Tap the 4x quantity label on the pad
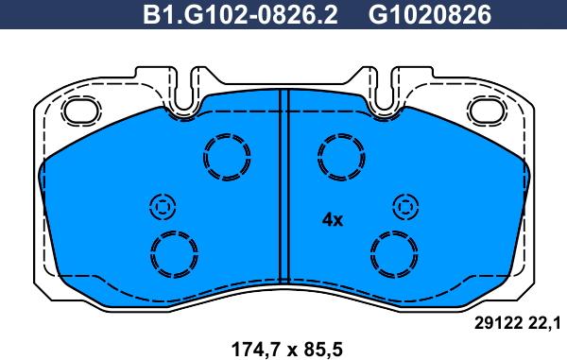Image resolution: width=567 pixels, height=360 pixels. [x=332, y=219]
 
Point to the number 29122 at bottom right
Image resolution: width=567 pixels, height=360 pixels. [x=498, y=324]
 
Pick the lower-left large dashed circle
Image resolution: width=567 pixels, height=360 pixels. [x=173, y=252]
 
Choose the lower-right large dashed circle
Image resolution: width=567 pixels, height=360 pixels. [x=393, y=252]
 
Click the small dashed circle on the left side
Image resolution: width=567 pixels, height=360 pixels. [x=162, y=207]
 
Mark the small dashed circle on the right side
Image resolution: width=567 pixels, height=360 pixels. [x=404, y=207]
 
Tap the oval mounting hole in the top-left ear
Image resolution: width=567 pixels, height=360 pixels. [x=79, y=111]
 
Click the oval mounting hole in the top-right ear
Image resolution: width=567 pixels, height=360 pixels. [x=488, y=111]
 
